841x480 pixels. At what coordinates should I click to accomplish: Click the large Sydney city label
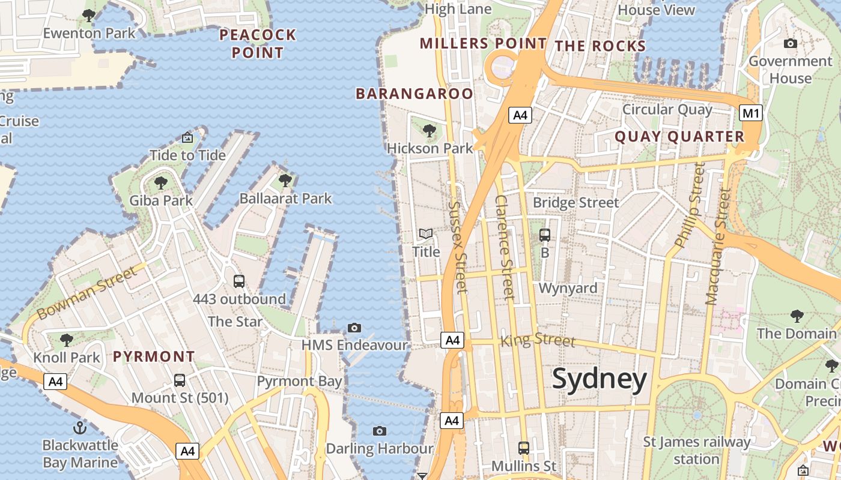[599, 379]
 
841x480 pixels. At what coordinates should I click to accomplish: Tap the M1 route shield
[751, 113]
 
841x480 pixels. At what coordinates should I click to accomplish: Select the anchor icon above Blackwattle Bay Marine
[80, 428]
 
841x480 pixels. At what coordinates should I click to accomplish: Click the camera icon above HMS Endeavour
[354, 328]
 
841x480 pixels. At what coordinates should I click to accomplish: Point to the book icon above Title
[426, 234]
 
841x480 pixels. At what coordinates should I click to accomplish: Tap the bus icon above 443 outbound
[238, 281]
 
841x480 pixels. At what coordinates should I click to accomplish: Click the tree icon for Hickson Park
[429, 130]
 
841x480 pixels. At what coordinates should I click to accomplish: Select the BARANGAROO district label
[414, 94]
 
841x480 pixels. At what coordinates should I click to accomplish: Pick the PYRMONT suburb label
[154, 356]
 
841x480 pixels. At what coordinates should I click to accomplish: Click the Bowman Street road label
[87, 294]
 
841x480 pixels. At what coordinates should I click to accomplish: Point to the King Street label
[538, 340]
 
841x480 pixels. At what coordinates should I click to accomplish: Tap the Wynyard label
[568, 288]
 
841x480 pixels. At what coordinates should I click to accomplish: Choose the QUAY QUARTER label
[679, 137]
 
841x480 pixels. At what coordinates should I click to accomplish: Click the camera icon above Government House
[791, 43]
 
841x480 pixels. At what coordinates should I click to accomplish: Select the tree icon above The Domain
[797, 316]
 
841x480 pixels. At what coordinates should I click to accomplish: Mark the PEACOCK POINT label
[258, 44]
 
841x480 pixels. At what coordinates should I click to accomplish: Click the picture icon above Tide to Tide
[187, 137]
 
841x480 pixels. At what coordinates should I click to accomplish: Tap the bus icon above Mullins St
[524, 448]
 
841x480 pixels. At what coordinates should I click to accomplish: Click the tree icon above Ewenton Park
[89, 16]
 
